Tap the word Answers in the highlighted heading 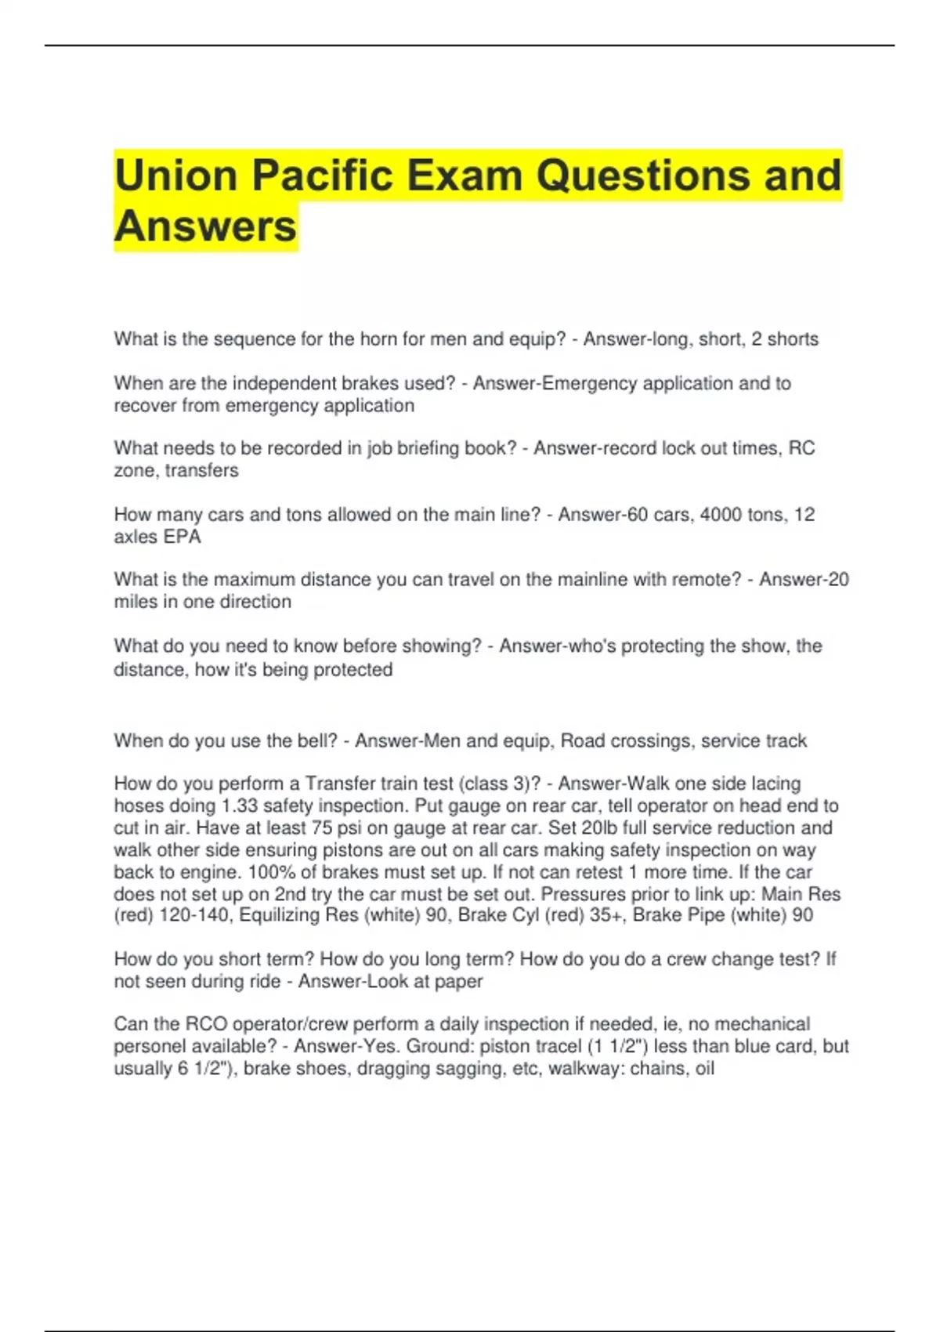click(205, 226)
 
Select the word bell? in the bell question click(316, 741)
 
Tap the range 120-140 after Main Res click(193, 915)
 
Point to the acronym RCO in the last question click(206, 1024)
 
